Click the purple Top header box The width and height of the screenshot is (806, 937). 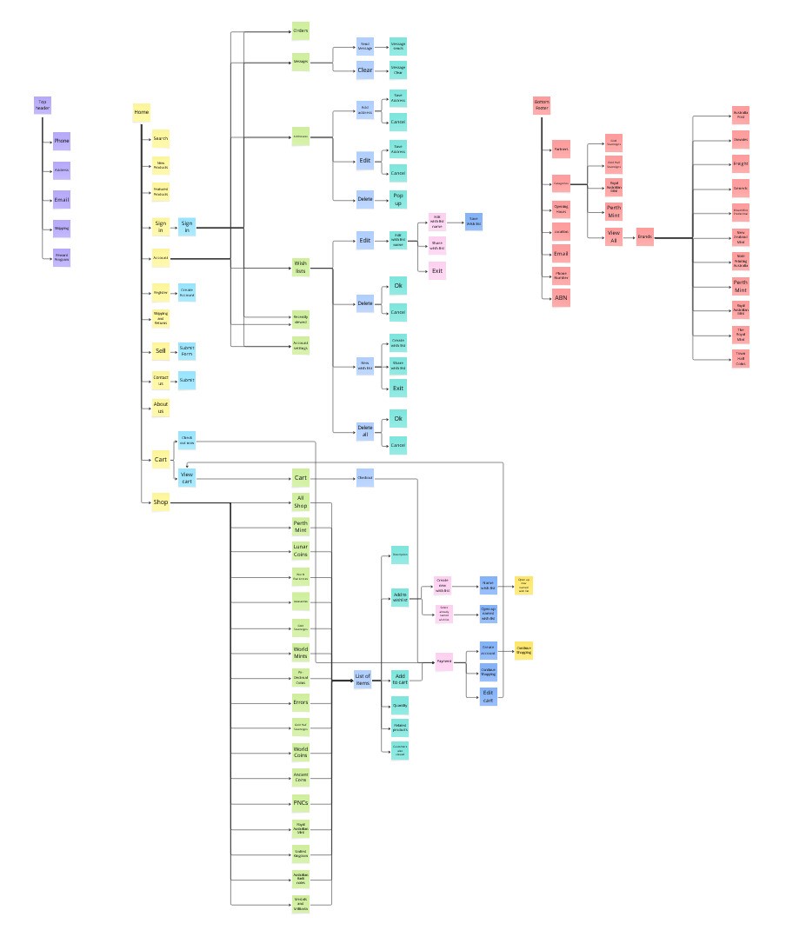42,104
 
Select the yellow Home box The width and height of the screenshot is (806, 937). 142,113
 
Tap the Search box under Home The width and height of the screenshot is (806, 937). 161,139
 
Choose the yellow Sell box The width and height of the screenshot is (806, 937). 161,351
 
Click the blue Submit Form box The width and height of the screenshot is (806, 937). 187,351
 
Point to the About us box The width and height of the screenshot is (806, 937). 161,407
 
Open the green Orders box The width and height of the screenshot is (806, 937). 301,31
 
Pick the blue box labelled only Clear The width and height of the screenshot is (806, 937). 365,70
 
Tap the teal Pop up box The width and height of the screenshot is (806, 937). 398,199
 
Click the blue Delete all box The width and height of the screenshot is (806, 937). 365,429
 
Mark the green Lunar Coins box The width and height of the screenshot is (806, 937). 301,550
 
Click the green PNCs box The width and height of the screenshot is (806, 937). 301,802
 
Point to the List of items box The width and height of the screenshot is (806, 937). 363,680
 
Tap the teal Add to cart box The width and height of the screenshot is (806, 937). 400,680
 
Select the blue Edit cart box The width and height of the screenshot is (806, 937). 489,695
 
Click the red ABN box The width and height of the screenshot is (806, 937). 562,297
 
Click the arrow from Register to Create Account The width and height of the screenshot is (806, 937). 174,293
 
